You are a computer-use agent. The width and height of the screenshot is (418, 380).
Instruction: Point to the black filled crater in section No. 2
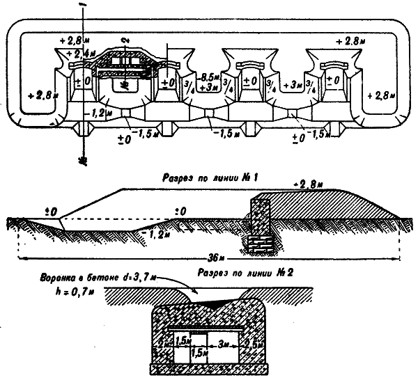click(209, 304)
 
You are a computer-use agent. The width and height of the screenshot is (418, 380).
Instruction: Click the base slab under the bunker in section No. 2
click(210, 366)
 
